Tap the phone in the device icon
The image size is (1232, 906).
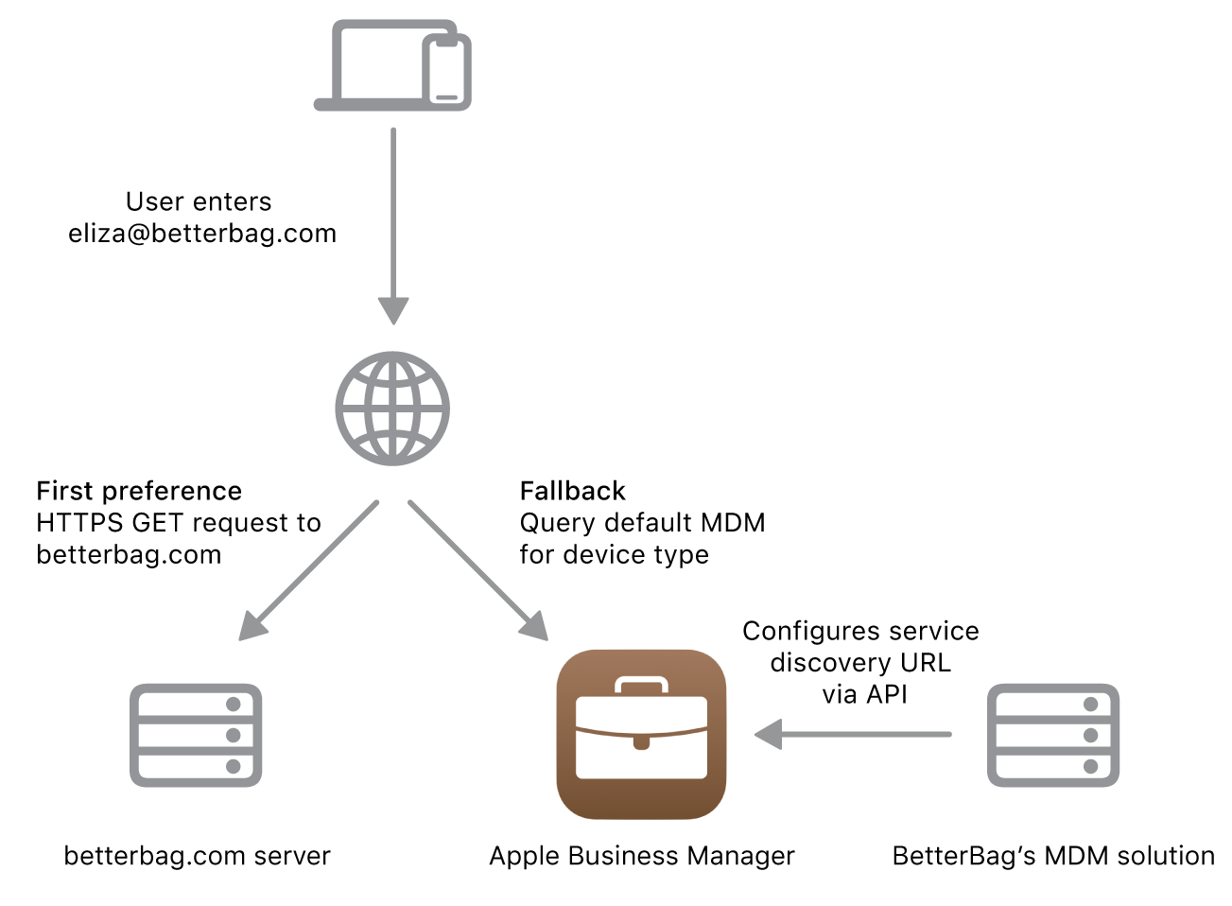click(x=446, y=72)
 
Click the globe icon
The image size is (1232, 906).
click(x=392, y=409)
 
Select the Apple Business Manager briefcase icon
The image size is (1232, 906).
click(x=641, y=734)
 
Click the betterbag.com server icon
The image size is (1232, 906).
click(x=196, y=735)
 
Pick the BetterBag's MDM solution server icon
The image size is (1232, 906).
click(x=1052, y=735)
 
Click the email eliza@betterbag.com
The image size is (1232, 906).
click(x=202, y=234)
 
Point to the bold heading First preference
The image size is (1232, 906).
click(x=139, y=491)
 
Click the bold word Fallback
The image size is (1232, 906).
click(x=572, y=491)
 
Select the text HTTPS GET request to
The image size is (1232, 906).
click(x=179, y=523)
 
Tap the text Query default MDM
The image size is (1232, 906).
click(x=642, y=523)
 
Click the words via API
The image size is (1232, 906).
click(x=864, y=694)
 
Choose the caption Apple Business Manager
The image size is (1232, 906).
click(x=642, y=856)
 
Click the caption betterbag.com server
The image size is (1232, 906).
click(x=197, y=856)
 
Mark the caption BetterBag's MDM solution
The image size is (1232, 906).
click(x=1053, y=856)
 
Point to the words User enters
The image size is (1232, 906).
click(x=199, y=201)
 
